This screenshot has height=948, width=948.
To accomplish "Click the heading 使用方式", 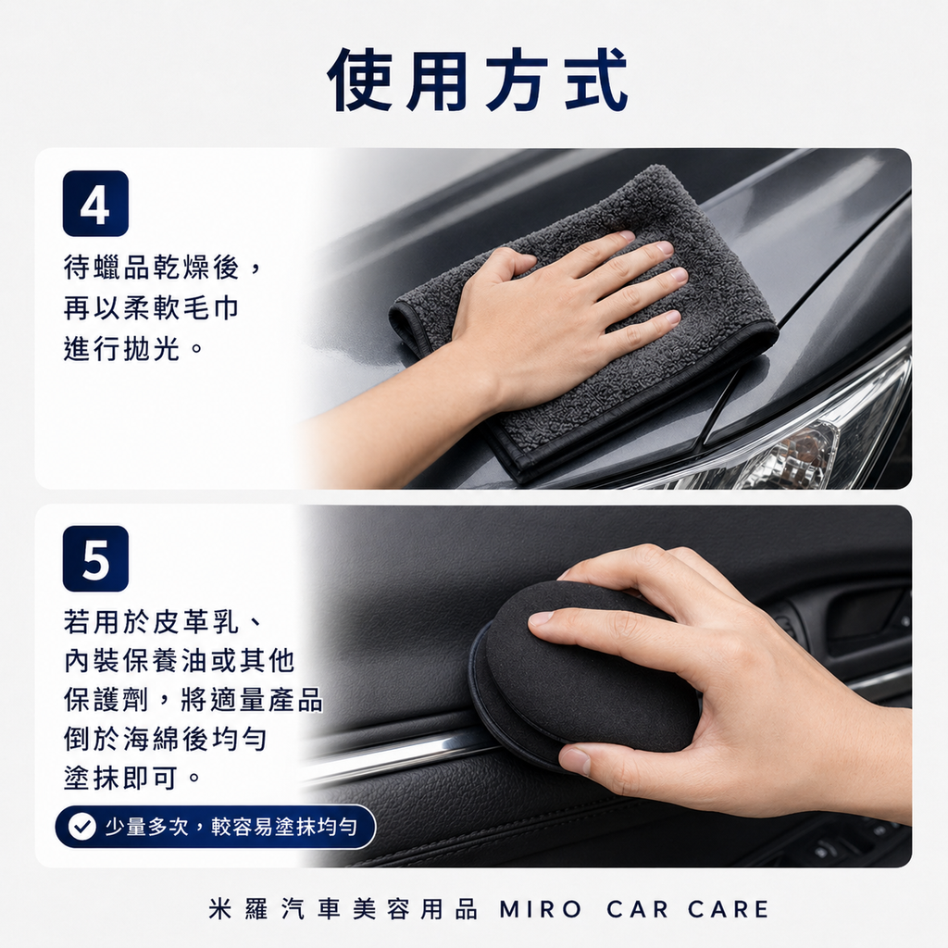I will (478, 81).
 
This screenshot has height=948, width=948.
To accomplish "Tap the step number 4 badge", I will (95, 204).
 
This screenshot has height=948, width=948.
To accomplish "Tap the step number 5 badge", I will (95, 558).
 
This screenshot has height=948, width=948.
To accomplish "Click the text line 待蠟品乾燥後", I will (154, 268).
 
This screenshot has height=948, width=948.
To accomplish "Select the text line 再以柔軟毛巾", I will (151, 308).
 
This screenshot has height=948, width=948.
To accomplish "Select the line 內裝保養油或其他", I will (179, 660).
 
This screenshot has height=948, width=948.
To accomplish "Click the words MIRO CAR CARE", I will (634, 909).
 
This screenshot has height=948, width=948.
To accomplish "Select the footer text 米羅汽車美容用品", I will (343, 909).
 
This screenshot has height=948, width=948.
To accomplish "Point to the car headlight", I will (815, 444).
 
